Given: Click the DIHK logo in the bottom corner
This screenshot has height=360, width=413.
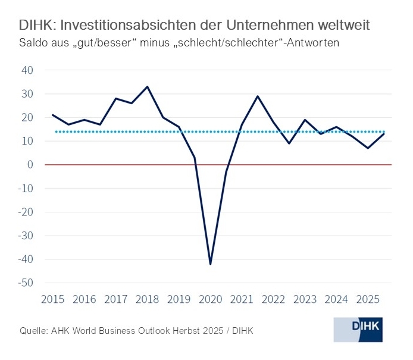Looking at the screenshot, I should click(358, 329).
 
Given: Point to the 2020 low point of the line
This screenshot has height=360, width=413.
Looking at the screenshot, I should click(211, 264).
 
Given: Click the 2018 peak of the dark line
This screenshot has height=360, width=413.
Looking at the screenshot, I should click(147, 87).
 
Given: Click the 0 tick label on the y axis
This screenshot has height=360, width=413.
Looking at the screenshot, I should click(29, 165).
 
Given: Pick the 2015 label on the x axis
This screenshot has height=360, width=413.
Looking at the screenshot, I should click(52, 299).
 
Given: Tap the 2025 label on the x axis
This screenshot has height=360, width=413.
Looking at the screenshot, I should click(368, 299).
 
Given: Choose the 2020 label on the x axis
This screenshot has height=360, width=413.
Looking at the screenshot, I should click(210, 299).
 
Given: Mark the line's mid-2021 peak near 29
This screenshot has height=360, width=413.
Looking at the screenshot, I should click(257, 96).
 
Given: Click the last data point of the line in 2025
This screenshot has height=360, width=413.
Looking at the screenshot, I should click(384, 134).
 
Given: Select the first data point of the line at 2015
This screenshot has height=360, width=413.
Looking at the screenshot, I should click(53, 115).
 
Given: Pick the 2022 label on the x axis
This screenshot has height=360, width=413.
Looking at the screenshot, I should click(273, 299).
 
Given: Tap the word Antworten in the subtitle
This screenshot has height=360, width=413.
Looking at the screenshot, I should click(313, 44).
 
